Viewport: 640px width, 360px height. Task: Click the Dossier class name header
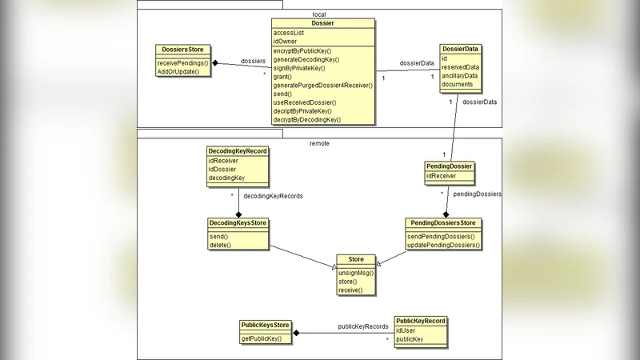pos(322,23)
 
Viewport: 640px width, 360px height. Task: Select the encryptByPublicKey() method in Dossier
pos(302,50)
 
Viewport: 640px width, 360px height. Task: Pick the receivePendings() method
pos(182,62)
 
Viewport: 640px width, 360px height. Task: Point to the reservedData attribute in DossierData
pos(461,67)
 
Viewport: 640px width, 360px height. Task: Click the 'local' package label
pos(319,14)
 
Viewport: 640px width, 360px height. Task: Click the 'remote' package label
pos(319,143)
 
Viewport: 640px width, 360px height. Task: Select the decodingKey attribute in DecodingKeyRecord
pos(226,178)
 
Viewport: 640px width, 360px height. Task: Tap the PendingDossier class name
pos(450,166)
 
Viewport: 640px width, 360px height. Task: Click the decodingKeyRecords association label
pos(273,195)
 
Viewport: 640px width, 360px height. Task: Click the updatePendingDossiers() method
pos(443,245)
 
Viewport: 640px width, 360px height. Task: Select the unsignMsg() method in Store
pos(355,273)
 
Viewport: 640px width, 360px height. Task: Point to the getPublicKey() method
pos(266,338)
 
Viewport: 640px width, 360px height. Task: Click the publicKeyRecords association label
pos(362,326)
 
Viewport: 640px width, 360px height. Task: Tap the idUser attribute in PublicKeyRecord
pos(407,330)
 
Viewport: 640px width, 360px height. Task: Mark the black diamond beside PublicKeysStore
pos(296,332)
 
